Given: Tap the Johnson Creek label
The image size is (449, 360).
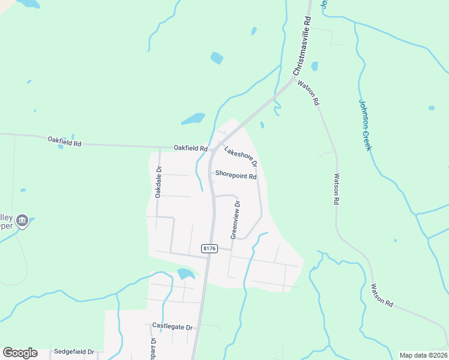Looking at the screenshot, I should click(x=366, y=125).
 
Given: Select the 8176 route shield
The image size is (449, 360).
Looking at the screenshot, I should click(x=209, y=248).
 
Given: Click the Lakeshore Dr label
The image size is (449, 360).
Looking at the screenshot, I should click(x=241, y=155).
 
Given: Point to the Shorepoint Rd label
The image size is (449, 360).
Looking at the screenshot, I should click(x=236, y=176).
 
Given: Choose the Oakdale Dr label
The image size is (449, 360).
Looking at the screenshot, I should click(x=158, y=182).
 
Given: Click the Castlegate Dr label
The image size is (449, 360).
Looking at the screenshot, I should click(x=172, y=327).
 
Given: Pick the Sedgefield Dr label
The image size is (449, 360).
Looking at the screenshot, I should click(x=74, y=352).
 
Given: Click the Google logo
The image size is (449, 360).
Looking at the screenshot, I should click(x=20, y=353).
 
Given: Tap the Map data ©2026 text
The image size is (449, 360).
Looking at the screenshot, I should click(x=423, y=355).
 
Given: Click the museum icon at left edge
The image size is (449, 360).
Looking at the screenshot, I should click(x=22, y=221).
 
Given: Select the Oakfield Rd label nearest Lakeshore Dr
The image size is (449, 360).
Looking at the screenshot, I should click(x=190, y=148).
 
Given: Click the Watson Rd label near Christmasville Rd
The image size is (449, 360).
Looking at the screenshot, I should click(x=307, y=94).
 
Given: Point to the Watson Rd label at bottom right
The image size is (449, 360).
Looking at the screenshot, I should click(x=382, y=295).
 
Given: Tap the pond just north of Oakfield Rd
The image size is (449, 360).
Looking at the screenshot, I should click(x=193, y=119).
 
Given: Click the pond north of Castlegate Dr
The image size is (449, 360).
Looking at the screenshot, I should click(x=186, y=274).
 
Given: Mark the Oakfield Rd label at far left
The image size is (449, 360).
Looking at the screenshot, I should click(x=64, y=142).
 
